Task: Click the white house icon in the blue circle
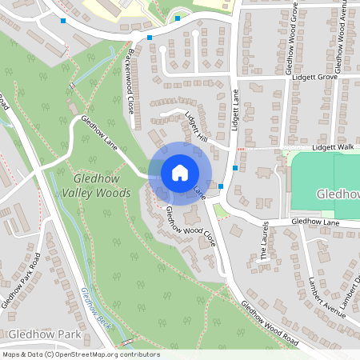[179, 172]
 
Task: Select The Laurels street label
[265, 242]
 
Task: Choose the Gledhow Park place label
[36, 333]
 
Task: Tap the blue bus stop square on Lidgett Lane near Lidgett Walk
[234, 168]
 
